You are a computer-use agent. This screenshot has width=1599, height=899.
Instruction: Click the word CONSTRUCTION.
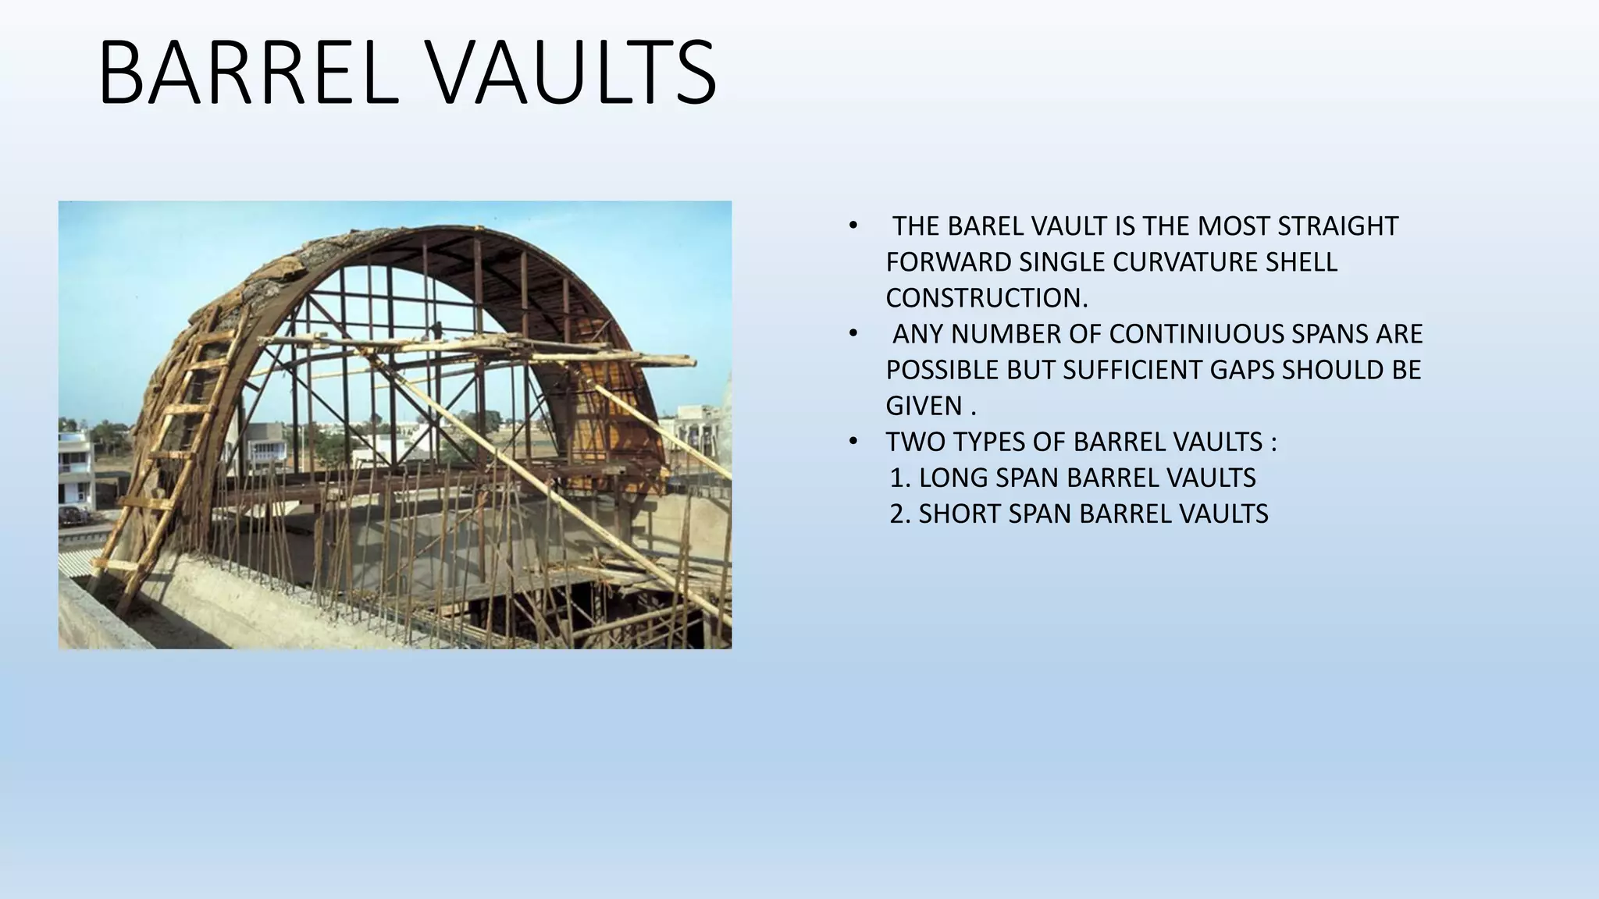point(986,298)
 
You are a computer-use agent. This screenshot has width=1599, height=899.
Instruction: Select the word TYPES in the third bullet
point(985,442)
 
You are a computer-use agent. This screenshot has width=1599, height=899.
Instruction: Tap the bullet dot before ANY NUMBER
point(853,335)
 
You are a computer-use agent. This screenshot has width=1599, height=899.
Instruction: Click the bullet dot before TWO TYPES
point(853,442)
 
